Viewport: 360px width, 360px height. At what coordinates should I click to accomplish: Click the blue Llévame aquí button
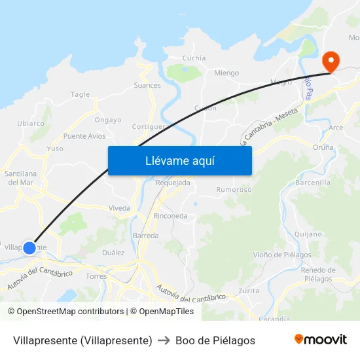[179, 160]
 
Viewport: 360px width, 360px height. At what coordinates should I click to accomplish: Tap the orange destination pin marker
[331, 62]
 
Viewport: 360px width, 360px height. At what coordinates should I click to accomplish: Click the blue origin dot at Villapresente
[29, 247]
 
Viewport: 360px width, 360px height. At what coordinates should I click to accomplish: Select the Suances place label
[147, 85]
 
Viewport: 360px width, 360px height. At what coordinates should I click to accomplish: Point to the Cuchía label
[194, 58]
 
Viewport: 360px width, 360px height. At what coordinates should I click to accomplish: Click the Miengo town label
[226, 73]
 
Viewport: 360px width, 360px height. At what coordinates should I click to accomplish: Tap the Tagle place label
[80, 95]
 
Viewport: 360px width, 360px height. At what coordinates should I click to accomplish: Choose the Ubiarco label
[31, 123]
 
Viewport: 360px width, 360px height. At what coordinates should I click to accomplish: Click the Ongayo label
[108, 120]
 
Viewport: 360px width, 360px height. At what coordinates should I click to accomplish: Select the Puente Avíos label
[84, 136]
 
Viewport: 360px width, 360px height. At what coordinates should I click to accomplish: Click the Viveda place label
[120, 208]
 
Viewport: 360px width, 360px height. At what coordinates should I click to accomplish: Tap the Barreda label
[145, 235]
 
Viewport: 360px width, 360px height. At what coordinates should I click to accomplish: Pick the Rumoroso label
[234, 190]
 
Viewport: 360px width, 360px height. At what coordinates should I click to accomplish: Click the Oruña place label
[323, 147]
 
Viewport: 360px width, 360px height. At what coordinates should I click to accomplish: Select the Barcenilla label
[313, 183]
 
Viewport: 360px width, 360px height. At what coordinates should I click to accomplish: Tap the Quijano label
[308, 234]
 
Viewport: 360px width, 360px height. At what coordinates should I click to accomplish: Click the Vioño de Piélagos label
[277, 255]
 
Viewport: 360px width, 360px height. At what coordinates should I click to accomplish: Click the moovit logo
[321, 340]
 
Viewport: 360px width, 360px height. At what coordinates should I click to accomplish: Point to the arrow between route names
[164, 340]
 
